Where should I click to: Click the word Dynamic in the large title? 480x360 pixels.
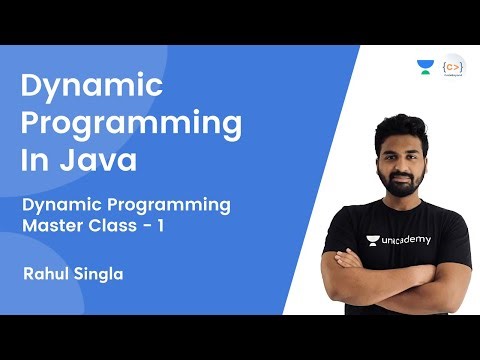click(92, 88)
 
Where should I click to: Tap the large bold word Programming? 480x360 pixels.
click(131, 125)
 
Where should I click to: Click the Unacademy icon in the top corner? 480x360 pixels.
click(425, 67)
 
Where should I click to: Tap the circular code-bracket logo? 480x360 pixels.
click(453, 68)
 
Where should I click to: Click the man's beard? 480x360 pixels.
click(405, 183)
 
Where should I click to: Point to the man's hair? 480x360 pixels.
click(404, 125)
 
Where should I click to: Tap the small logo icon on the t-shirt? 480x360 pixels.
click(373, 240)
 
